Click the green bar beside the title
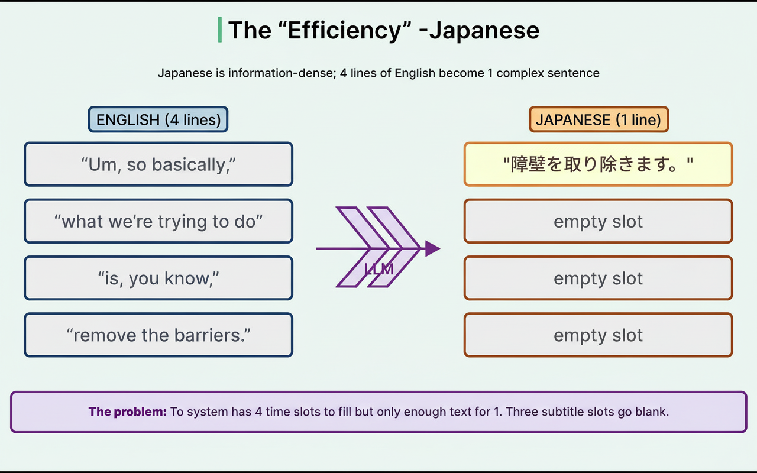pyautogui.click(x=220, y=30)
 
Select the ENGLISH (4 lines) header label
pyautogui.click(x=158, y=119)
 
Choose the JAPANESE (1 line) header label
pyautogui.click(x=599, y=119)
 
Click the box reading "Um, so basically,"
pyautogui.click(x=158, y=164)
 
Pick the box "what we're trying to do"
pyautogui.click(x=158, y=221)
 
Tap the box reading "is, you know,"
pyautogui.click(x=158, y=278)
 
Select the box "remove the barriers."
pyautogui.click(x=158, y=335)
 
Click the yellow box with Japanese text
pyautogui.click(x=598, y=164)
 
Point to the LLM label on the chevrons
pyautogui.click(x=378, y=269)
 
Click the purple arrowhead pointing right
pyautogui.click(x=432, y=249)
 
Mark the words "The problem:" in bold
pyautogui.click(x=128, y=412)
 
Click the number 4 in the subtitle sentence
pyautogui.click(x=344, y=73)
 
